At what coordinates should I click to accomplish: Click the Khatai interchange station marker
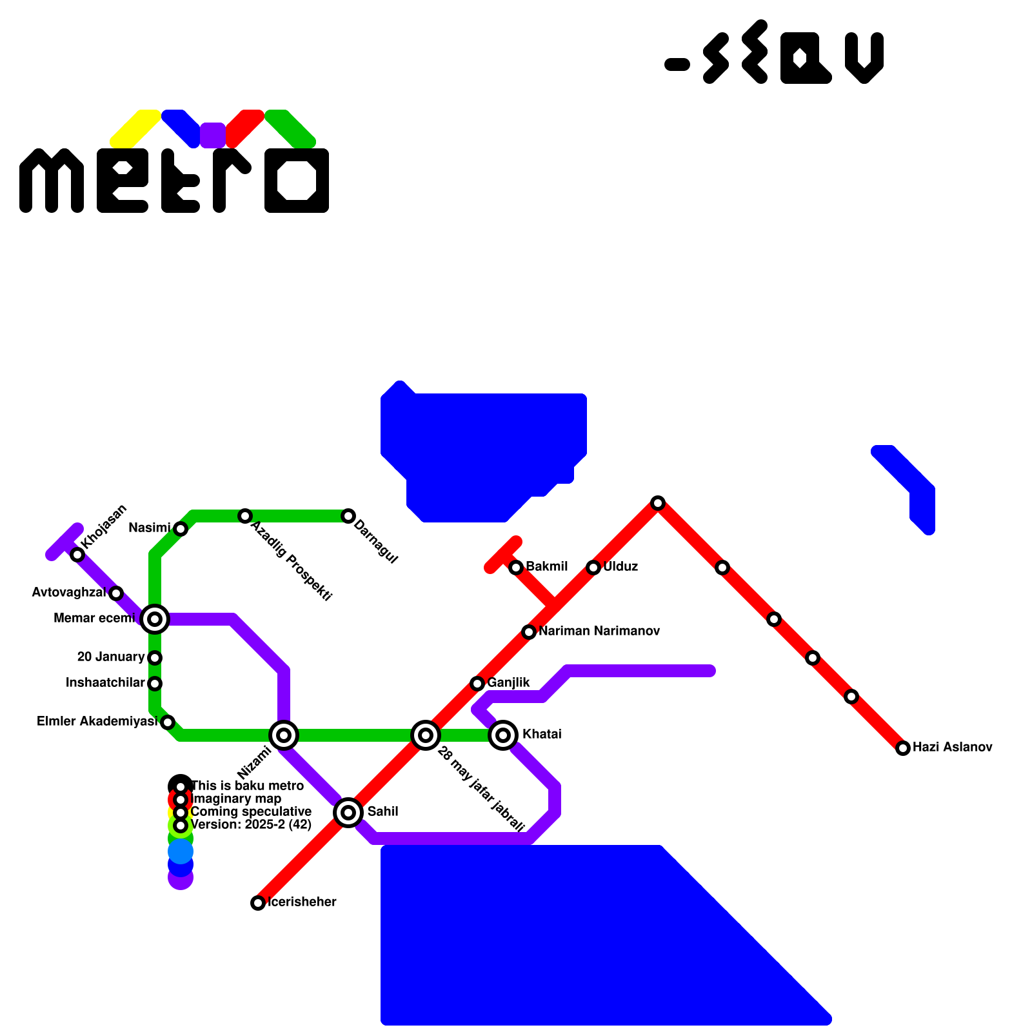click(x=503, y=735)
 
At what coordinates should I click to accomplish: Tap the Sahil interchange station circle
click(x=348, y=812)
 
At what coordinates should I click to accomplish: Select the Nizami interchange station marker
click(x=284, y=735)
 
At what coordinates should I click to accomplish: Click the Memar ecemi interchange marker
click(x=155, y=619)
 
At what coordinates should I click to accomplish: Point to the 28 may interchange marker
click(x=426, y=735)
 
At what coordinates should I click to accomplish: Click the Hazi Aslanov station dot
click(x=903, y=748)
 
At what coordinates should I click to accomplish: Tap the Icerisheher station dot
click(x=258, y=902)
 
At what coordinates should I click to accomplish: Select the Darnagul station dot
click(x=348, y=515)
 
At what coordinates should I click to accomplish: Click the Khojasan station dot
click(x=77, y=554)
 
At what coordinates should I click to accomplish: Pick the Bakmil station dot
click(x=516, y=567)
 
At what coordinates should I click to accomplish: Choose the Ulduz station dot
click(x=593, y=567)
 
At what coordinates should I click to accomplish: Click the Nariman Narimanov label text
click(x=599, y=631)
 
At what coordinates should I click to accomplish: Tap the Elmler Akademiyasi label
click(x=97, y=721)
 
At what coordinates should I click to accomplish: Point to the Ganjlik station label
click(x=508, y=682)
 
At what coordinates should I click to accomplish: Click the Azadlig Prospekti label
click(x=292, y=561)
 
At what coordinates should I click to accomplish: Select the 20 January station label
click(x=111, y=657)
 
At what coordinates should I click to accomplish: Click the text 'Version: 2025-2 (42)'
click(x=252, y=824)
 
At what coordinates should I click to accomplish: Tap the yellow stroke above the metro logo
click(x=135, y=128)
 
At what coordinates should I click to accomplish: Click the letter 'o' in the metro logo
click(x=297, y=181)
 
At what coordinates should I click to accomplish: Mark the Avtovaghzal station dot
click(x=116, y=593)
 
